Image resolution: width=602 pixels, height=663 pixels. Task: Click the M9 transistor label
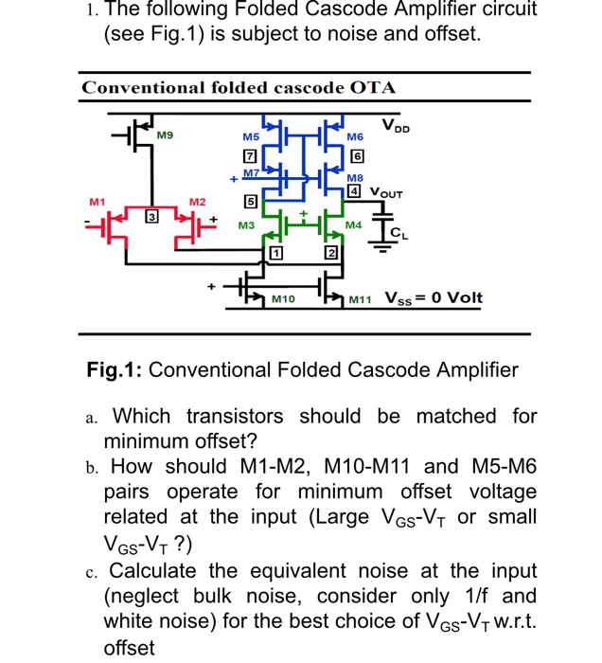click(x=166, y=136)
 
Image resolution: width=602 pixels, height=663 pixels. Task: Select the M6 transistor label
click(x=355, y=137)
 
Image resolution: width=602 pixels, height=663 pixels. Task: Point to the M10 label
click(x=283, y=299)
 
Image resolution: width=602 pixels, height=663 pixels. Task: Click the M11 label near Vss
click(x=359, y=299)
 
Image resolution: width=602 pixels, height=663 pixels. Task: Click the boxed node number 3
click(x=150, y=220)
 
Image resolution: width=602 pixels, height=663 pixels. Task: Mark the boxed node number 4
click(x=355, y=191)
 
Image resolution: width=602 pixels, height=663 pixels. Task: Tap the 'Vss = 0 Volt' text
click(x=434, y=298)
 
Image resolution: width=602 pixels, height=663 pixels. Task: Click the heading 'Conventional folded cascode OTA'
click(x=239, y=88)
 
